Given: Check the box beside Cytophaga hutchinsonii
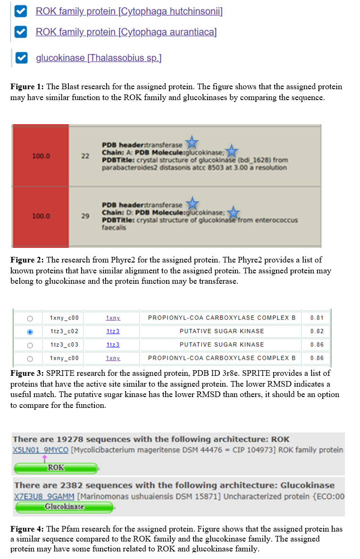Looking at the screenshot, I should [20, 11].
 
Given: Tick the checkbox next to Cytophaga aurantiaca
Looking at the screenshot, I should [20, 32].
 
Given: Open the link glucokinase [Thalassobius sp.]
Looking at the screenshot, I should [99, 58].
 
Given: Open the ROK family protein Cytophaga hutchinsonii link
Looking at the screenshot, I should [129, 11].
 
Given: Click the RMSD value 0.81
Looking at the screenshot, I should [317, 318].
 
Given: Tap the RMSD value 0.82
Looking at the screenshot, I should [317, 331].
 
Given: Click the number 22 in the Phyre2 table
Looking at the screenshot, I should [85, 156].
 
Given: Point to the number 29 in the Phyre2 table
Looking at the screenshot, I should [85, 216].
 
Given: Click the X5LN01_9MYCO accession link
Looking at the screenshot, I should [41, 450].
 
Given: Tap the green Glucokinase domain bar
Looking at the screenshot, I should [64, 507].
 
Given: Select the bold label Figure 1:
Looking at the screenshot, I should [27, 87].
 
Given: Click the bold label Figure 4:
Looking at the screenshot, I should [27, 529].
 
